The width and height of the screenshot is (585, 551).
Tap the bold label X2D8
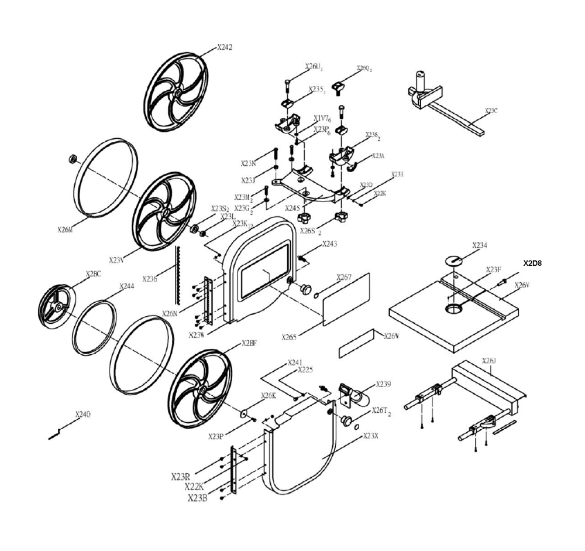532,263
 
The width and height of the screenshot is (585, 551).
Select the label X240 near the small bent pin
83,415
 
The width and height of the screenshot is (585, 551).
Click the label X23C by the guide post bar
491,111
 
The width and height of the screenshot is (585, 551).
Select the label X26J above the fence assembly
488,361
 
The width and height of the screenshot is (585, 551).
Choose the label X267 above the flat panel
343,278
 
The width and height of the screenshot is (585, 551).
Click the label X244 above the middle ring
126,286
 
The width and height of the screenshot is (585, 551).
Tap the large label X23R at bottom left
181,476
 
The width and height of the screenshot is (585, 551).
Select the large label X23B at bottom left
197,498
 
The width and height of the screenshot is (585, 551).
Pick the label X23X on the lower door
371,436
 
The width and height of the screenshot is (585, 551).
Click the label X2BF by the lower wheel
249,344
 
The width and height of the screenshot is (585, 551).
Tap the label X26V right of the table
522,285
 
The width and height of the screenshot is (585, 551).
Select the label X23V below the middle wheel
117,258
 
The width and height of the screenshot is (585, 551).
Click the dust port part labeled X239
353,393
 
